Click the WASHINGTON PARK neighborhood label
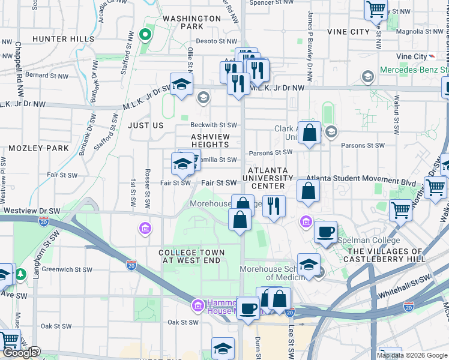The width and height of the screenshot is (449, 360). pyautogui.click(x=191, y=23)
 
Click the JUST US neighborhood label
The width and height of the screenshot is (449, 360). pyautogui.click(x=145, y=125)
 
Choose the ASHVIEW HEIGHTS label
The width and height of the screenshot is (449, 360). pyautogui.click(x=210, y=140)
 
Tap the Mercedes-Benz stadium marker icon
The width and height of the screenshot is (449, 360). pyautogui.click(x=368, y=76)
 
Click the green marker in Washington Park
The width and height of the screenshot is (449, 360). pyautogui.click(x=144, y=34)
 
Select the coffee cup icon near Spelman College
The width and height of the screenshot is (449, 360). pyautogui.click(x=325, y=232)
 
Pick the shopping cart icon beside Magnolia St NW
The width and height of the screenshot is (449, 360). pyautogui.click(x=376, y=9)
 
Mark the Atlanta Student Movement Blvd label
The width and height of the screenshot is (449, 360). pyautogui.click(x=361, y=179)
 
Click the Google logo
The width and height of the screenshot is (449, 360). pyautogui.click(x=20, y=353)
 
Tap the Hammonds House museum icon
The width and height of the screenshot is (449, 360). pyautogui.click(x=197, y=307)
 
